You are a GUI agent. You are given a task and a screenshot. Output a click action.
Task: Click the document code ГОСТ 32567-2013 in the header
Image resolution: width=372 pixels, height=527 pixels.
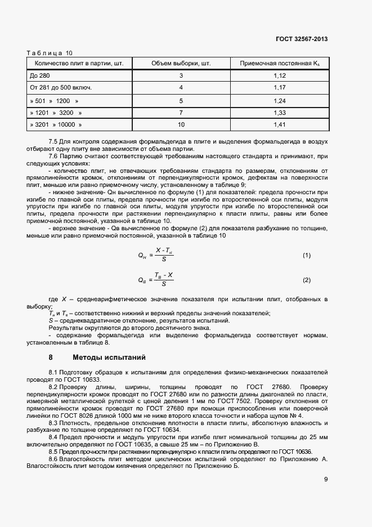click(301, 39)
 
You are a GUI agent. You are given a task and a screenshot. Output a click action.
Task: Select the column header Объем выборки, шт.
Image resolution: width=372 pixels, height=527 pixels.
click(181, 63)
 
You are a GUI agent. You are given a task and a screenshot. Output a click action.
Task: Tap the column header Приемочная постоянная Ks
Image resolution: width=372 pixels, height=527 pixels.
click(280, 63)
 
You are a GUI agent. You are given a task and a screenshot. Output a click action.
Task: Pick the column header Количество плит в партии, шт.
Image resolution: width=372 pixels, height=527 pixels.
click(79, 63)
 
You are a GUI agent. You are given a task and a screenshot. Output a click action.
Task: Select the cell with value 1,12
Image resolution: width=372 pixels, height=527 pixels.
click(280, 75)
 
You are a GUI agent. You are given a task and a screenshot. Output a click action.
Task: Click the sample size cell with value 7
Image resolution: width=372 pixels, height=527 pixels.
click(181, 113)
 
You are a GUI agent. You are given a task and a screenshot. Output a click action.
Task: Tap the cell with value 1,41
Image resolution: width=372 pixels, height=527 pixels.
click(280, 124)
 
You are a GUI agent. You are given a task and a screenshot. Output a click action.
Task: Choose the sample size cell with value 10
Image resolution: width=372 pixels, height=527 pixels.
click(181, 124)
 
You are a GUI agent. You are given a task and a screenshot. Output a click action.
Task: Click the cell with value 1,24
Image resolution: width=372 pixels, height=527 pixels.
click(280, 101)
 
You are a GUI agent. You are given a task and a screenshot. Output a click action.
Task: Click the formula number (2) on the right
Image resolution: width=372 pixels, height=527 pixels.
click(307, 280)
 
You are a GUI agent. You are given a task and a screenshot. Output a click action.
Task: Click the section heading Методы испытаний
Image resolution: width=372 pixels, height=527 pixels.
click(109, 357)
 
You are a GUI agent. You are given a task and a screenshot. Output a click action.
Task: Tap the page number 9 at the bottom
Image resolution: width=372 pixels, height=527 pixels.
click(326, 479)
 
